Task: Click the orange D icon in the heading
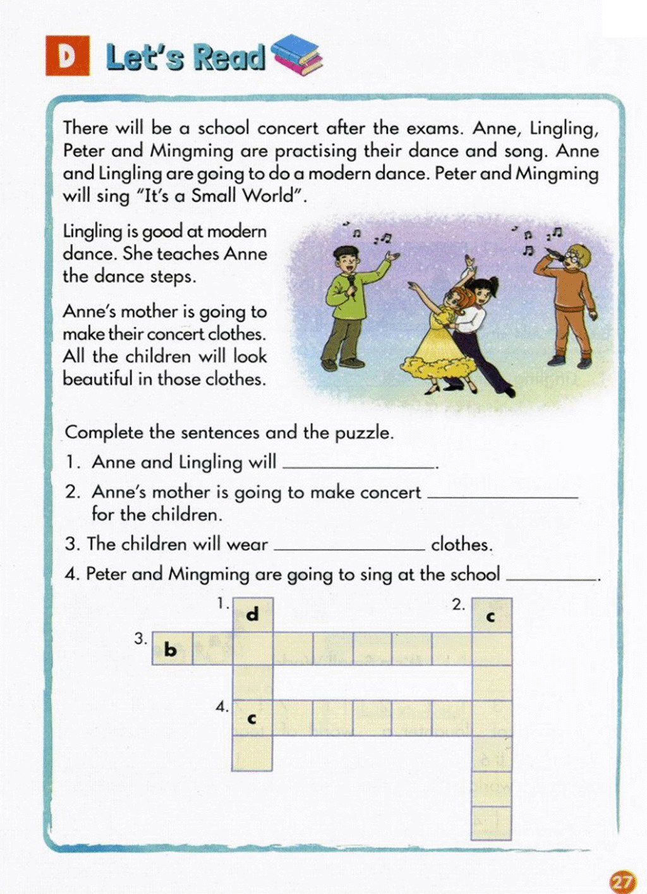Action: (67, 56)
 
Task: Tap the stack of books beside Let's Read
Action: (296, 55)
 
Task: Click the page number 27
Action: (622, 880)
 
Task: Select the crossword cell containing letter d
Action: (253, 614)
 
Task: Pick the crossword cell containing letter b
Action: (171, 649)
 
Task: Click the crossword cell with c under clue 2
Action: (491, 616)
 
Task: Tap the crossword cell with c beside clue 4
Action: (252, 718)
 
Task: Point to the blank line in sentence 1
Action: (359, 465)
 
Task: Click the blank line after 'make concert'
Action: (502, 495)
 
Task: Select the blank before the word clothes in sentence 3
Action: (349, 547)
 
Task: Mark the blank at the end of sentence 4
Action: (552, 577)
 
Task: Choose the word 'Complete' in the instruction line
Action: (104, 433)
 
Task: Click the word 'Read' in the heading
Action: (229, 57)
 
